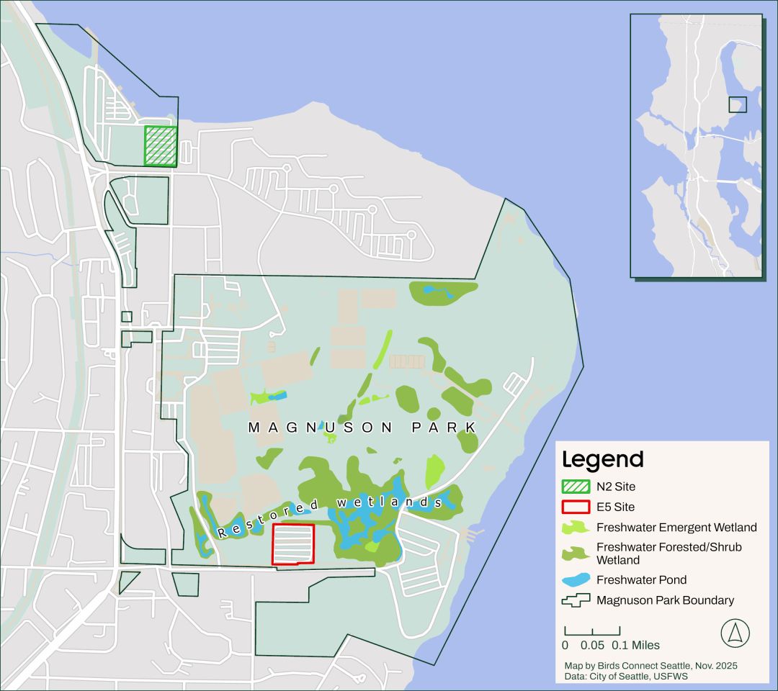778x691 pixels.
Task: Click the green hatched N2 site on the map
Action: pyautogui.click(x=161, y=146)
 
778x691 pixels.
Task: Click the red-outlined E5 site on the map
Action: pyautogui.click(x=293, y=544)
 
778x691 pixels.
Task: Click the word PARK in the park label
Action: pyautogui.click(x=444, y=428)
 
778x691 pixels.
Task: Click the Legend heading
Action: pyautogui.click(x=602, y=459)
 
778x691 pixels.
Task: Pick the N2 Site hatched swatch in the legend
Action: pyautogui.click(x=576, y=487)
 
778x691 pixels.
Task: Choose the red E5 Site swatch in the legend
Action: pyautogui.click(x=576, y=507)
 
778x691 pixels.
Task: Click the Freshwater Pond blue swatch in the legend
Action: pyautogui.click(x=576, y=579)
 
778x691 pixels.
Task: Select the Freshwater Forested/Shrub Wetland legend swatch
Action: pyautogui.click(x=576, y=554)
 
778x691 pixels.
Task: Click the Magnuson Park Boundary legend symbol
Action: pyautogui.click(x=576, y=600)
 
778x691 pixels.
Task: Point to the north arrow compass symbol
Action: pyautogui.click(x=735, y=633)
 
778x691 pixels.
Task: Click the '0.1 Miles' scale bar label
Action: pyautogui.click(x=635, y=646)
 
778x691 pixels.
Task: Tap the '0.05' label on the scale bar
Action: pyautogui.click(x=592, y=646)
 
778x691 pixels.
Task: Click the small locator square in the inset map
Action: pyautogui.click(x=737, y=105)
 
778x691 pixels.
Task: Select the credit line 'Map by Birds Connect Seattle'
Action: pyautogui.click(x=650, y=666)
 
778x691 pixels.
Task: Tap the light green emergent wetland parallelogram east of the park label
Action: pyautogui.click(x=434, y=472)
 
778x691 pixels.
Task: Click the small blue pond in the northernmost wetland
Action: pyautogui.click(x=432, y=291)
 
